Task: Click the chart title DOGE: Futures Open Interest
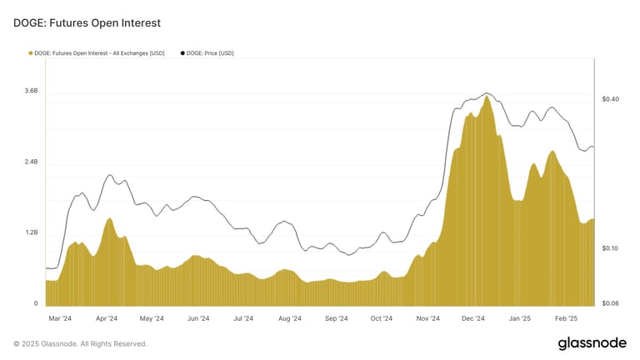coord(87,23)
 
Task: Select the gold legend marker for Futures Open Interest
coord(31,53)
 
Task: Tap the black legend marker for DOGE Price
coord(182,53)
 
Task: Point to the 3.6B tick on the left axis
coord(31,90)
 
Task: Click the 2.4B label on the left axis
coord(31,162)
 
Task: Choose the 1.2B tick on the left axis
coord(31,232)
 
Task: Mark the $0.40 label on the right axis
coord(610,99)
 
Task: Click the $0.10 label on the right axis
coord(610,248)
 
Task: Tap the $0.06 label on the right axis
coord(610,303)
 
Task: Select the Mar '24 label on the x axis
coord(60,318)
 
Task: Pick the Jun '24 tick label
coord(198,318)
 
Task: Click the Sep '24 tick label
coord(336,318)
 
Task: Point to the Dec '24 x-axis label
coord(473,318)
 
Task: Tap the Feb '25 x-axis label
coord(567,318)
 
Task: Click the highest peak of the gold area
coord(487,97)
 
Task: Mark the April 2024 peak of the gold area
coord(109,219)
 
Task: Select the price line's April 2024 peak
coord(110,176)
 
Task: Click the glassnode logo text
coord(592,343)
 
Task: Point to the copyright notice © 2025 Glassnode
coord(80,343)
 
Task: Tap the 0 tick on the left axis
coord(35,303)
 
